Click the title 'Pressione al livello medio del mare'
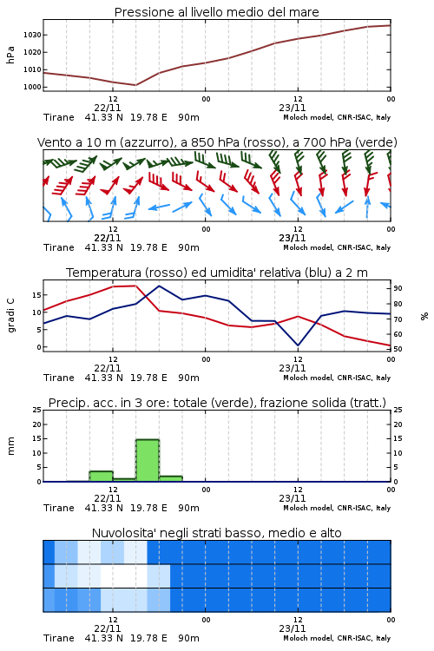216,12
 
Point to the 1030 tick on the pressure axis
32,35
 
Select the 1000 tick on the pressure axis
32,87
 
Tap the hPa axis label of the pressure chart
10,55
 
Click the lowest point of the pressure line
135,85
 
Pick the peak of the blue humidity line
159,286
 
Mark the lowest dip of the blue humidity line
298,345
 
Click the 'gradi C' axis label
10,316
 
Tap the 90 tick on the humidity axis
398,288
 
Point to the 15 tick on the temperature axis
37,295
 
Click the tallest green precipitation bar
148,460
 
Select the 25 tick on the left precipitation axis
37,410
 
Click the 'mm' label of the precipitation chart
10,446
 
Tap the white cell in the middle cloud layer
124,575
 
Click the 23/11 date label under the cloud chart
293,628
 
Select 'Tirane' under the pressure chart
59,117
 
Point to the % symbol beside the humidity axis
424,316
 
